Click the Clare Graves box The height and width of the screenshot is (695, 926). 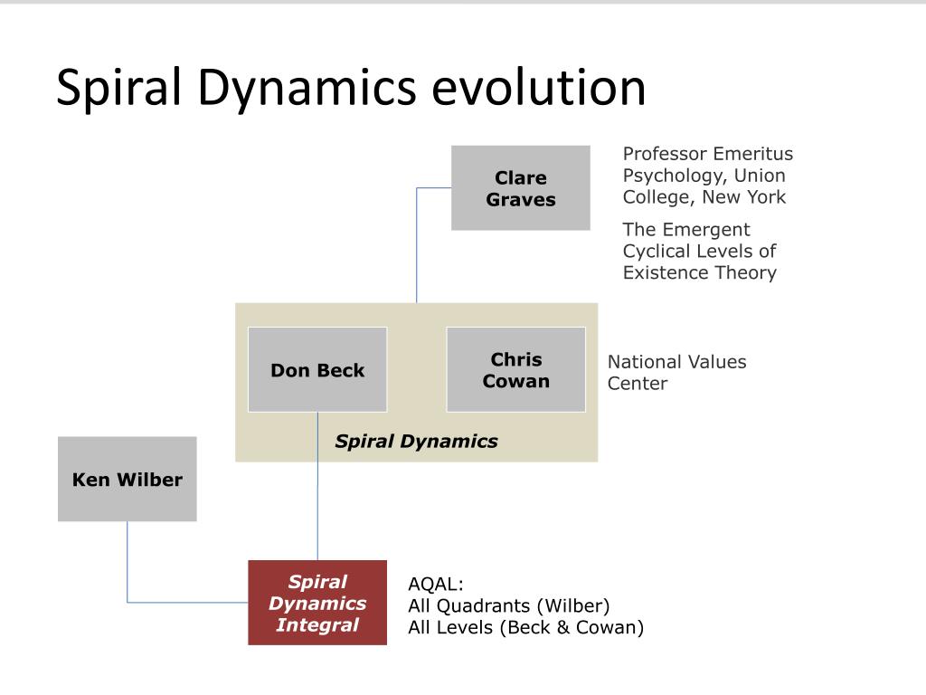point(520,188)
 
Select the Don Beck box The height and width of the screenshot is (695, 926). point(317,370)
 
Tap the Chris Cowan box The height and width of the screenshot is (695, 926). point(515,370)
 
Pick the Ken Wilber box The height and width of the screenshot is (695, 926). point(127,480)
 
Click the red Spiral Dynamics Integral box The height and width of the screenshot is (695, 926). point(317,603)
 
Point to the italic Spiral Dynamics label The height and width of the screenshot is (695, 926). point(416,442)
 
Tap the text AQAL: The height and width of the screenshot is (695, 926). point(435,584)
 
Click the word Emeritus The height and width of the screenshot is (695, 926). point(753,154)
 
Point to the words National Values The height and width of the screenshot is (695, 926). point(676,362)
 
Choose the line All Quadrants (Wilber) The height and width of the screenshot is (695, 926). point(509,605)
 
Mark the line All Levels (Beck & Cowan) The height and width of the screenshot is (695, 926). point(525,627)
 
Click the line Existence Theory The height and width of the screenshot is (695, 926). point(699,272)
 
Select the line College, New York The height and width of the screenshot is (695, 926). point(704,196)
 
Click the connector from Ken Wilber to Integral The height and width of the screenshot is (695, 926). point(128,579)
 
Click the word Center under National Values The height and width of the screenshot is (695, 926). point(637,384)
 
